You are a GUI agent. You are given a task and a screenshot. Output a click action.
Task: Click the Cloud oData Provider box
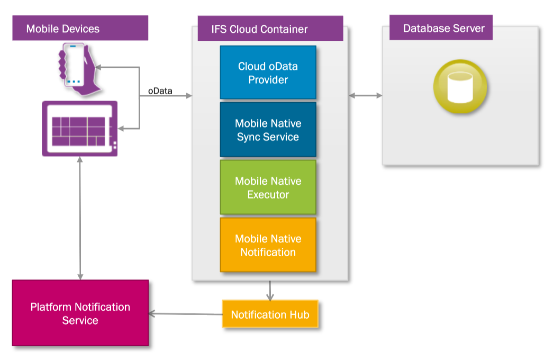268,73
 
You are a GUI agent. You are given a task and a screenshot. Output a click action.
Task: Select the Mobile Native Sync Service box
268,130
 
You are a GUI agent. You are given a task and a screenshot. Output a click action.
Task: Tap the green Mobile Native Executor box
268,187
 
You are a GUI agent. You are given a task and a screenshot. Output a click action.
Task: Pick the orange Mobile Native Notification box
268,245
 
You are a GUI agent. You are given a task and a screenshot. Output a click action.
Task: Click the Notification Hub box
270,314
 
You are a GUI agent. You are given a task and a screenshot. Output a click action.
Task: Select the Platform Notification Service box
80,313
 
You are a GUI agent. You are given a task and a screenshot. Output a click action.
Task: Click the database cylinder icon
460,87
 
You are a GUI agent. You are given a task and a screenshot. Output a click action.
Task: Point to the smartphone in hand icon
76,68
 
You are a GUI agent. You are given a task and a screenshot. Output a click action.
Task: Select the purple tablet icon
80,128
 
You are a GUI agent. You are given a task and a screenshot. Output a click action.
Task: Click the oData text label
160,91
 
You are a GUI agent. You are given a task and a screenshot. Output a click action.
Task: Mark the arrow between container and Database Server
366,95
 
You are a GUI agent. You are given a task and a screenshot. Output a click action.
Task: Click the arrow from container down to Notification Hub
270,290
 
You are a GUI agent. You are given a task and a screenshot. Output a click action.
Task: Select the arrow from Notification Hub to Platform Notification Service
185,314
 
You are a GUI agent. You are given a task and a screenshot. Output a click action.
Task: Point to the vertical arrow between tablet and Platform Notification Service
80,218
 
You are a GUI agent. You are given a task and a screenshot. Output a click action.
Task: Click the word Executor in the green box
268,194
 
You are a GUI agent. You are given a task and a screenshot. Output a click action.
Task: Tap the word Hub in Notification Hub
299,314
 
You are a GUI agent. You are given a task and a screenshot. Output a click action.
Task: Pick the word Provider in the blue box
268,80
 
